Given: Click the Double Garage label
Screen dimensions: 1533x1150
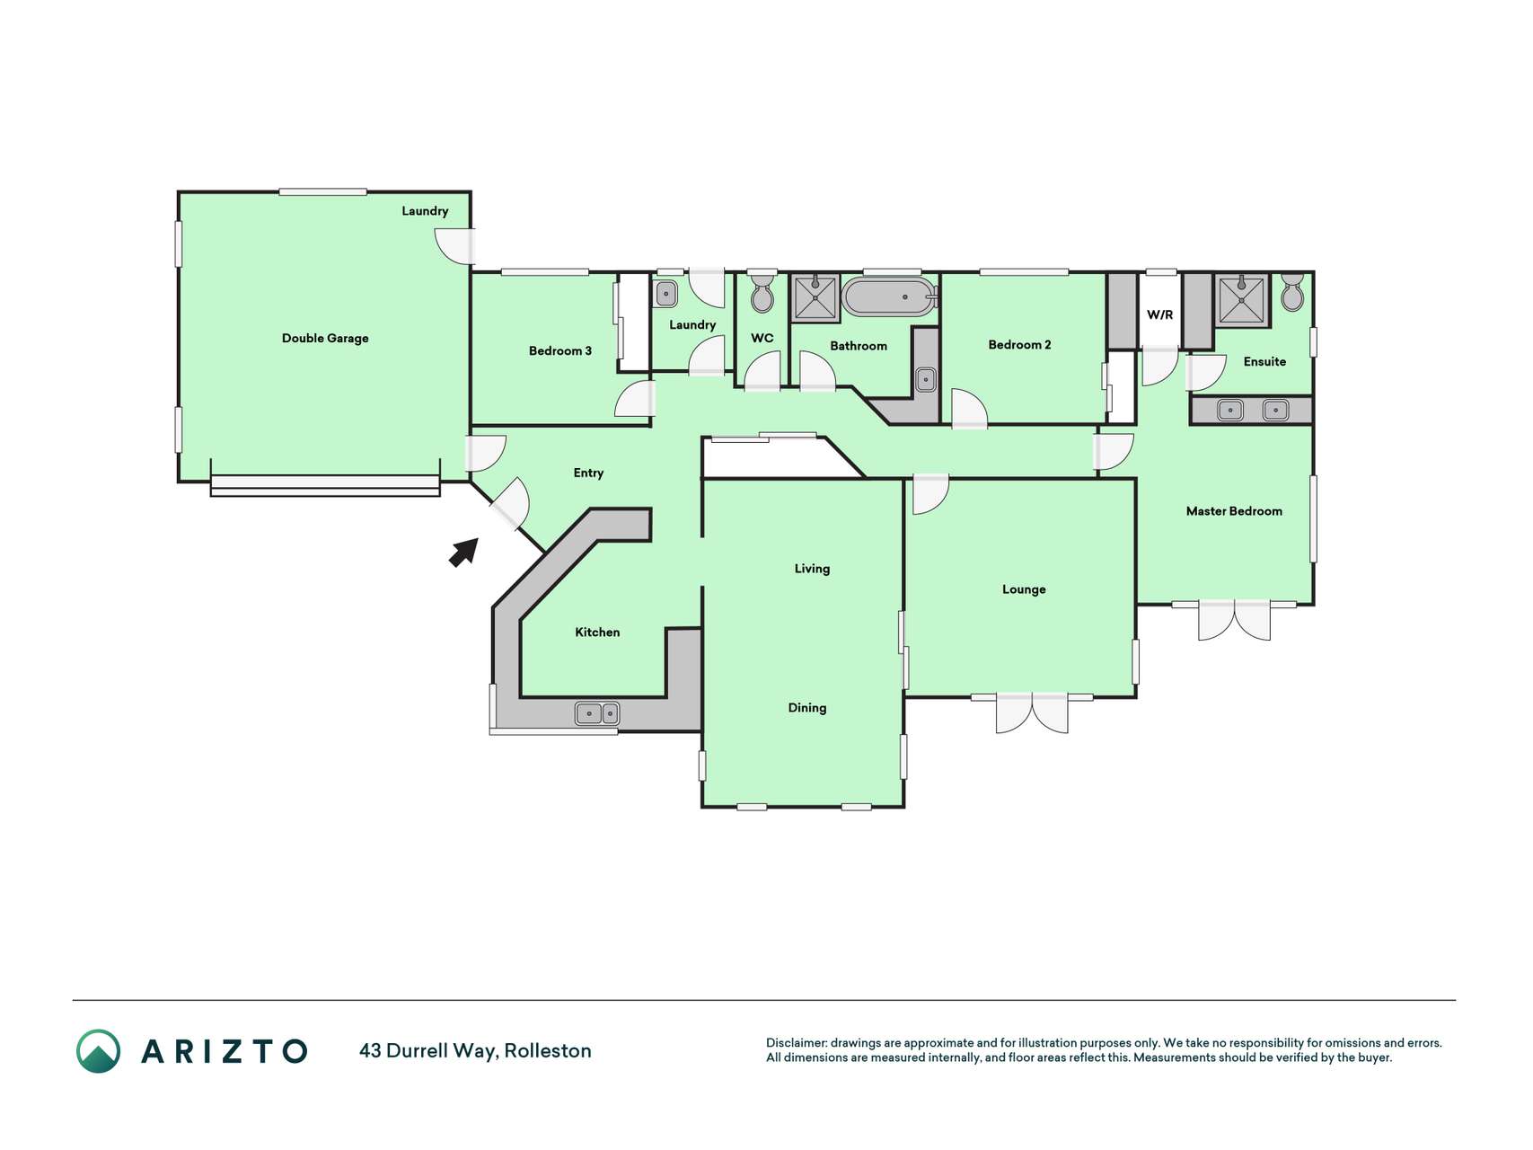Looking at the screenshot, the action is [x=325, y=339].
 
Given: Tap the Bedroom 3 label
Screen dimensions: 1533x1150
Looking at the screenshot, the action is [x=560, y=350].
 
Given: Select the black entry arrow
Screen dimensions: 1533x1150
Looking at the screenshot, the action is [x=463, y=553].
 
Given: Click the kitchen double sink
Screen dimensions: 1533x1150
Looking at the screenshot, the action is [x=597, y=714].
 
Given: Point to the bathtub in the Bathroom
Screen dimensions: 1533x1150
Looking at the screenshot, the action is [x=890, y=297].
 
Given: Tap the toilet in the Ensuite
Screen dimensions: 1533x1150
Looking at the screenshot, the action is [x=1292, y=292].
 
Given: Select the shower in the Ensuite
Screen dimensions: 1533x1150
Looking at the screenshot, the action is [x=1242, y=300].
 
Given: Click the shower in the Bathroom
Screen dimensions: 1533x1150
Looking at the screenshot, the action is [x=815, y=297].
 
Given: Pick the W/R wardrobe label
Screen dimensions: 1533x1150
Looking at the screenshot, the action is [x=1159, y=314].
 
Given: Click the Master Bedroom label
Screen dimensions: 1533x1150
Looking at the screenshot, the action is [x=1234, y=511].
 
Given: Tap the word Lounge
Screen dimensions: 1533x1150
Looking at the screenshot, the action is [x=1024, y=589].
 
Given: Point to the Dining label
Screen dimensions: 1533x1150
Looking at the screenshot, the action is [x=807, y=708].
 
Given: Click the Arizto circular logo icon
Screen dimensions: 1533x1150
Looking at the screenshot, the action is [x=98, y=1051].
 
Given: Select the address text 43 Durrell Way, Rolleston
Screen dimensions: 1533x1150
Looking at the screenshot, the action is [x=475, y=1051].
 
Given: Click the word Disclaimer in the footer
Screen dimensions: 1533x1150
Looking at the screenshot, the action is [x=796, y=1043].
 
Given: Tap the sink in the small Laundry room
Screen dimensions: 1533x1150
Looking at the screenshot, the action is [x=665, y=293].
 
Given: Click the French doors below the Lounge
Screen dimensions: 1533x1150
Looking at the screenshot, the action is [x=1033, y=712].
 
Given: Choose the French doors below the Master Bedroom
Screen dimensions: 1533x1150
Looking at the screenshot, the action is [x=1235, y=620].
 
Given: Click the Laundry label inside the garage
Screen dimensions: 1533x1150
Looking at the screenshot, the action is [x=425, y=211].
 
